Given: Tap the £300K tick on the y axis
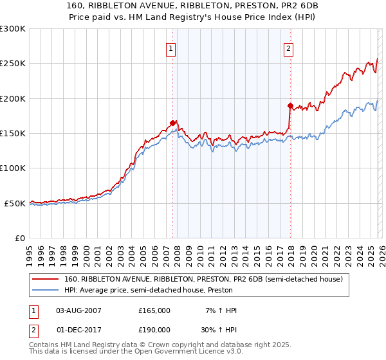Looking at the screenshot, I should (13, 29).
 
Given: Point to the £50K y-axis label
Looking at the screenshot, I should (14, 203).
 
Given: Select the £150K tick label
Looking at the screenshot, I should (13, 134).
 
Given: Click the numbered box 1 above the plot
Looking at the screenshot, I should (171, 48).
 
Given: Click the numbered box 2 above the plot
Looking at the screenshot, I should (289, 48).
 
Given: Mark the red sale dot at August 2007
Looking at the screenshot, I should (172, 123).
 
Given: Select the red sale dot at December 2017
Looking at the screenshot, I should (290, 105).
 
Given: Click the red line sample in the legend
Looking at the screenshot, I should (46, 280).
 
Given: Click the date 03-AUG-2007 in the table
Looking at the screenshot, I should (79, 310).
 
